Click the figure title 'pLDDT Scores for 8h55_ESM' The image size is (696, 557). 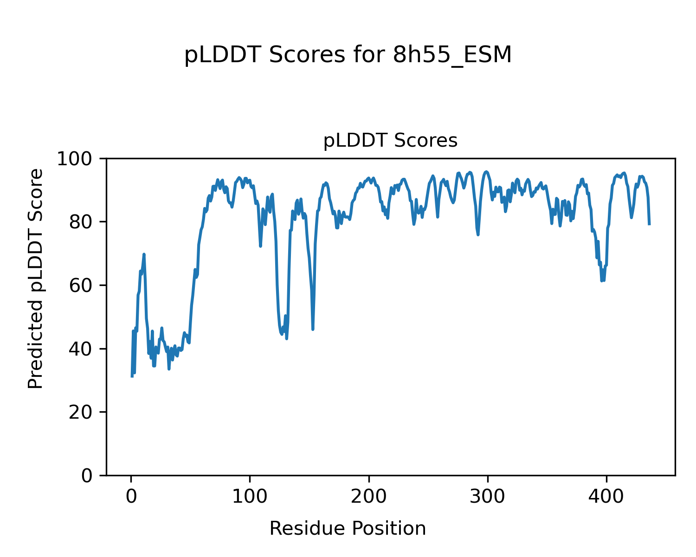[348, 55]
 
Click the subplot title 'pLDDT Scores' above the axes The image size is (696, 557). [390, 141]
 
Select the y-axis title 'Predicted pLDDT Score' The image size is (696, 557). [36, 278]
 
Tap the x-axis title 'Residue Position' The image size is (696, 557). [348, 528]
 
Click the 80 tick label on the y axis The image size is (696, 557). [80, 222]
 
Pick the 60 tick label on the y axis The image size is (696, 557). [80, 285]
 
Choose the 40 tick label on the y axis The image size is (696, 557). [80, 349]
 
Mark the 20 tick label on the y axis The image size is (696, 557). [80, 412]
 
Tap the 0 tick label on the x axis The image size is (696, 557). [131, 497]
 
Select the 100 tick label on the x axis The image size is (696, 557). [250, 497]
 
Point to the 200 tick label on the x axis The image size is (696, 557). [369, 497]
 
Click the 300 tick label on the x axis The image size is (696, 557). [488, 497]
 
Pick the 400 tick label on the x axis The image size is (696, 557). [606, 497]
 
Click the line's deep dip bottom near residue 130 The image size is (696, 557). [286, 338]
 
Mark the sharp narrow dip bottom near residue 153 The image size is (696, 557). [313, 329]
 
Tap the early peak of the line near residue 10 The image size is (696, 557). [144, 254]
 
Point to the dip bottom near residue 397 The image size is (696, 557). [602, 280]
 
